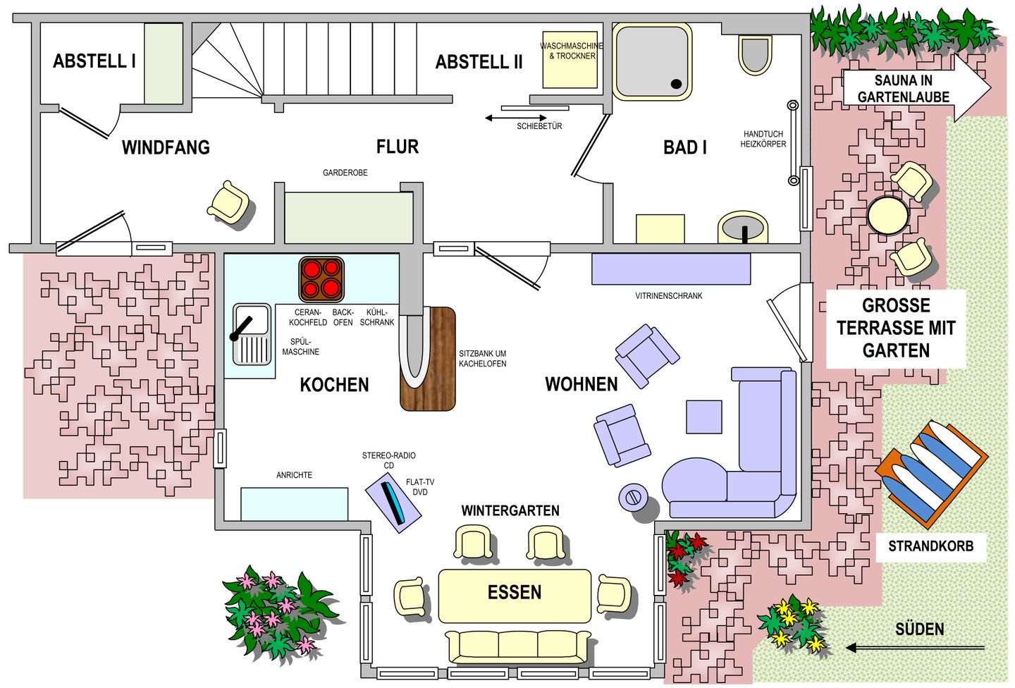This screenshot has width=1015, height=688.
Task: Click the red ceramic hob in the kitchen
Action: point(321,280)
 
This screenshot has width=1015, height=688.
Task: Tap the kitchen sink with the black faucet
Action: point(252,334)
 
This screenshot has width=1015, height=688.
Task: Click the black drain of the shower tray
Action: point(676,84)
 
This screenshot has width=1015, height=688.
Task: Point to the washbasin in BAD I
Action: point(742,227)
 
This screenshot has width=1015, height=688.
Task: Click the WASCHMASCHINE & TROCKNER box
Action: point(570,60)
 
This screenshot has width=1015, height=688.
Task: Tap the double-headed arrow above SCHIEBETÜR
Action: point(516,118)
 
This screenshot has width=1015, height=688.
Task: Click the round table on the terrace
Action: point(888,216)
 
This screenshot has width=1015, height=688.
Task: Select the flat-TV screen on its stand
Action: point(393,503)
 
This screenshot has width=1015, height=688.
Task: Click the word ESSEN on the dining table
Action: point(515,592)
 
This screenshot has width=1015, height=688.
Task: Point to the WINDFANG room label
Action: point(166,147)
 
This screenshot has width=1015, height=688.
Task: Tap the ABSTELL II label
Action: point(479,61)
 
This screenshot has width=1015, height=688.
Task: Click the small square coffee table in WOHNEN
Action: point(703,417)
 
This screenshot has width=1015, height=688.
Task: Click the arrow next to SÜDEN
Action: point(916,648)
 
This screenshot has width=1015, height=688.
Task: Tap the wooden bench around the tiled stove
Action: point(428,359)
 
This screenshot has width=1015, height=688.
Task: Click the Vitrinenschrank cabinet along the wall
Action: point(671,269)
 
